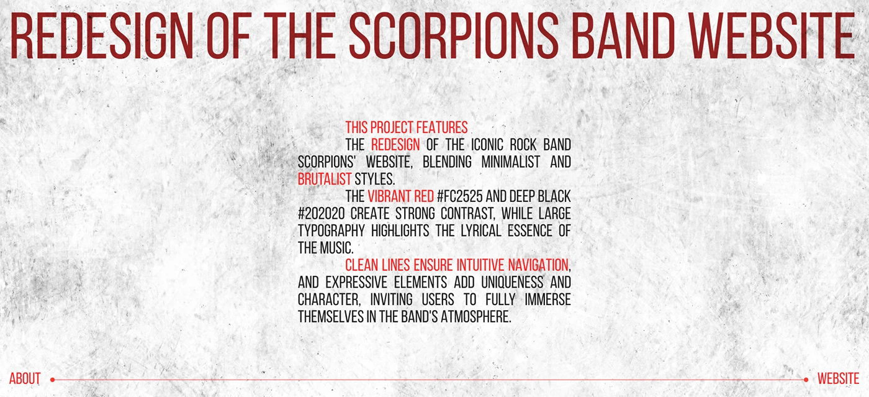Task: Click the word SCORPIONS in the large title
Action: (454, 36)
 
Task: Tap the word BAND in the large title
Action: (623, 36)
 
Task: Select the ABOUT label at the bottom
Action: (25, 378)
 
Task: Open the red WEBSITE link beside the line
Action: (839, 378)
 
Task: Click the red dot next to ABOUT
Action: (52, 380)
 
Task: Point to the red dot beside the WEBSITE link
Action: (806, 380)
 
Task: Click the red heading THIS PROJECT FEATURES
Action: (407, 127)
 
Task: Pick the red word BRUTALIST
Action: (324, 179)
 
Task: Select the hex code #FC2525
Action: (460, 196)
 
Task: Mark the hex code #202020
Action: (322, 214)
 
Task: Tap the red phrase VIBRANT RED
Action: (401, 196)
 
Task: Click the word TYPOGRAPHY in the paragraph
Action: (331, 230)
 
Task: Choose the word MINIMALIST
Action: (510, 162)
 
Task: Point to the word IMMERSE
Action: (547, 299)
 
